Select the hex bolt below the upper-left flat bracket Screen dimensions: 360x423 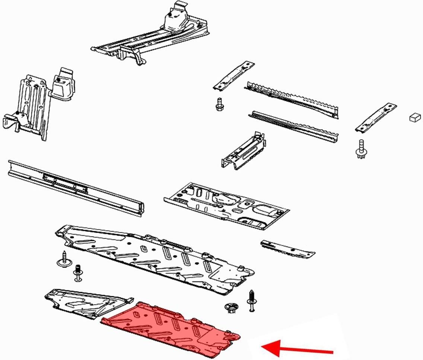coord(219,104)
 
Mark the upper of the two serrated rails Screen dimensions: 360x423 coord(292,98)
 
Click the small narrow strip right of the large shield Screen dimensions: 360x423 coord(287,249)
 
